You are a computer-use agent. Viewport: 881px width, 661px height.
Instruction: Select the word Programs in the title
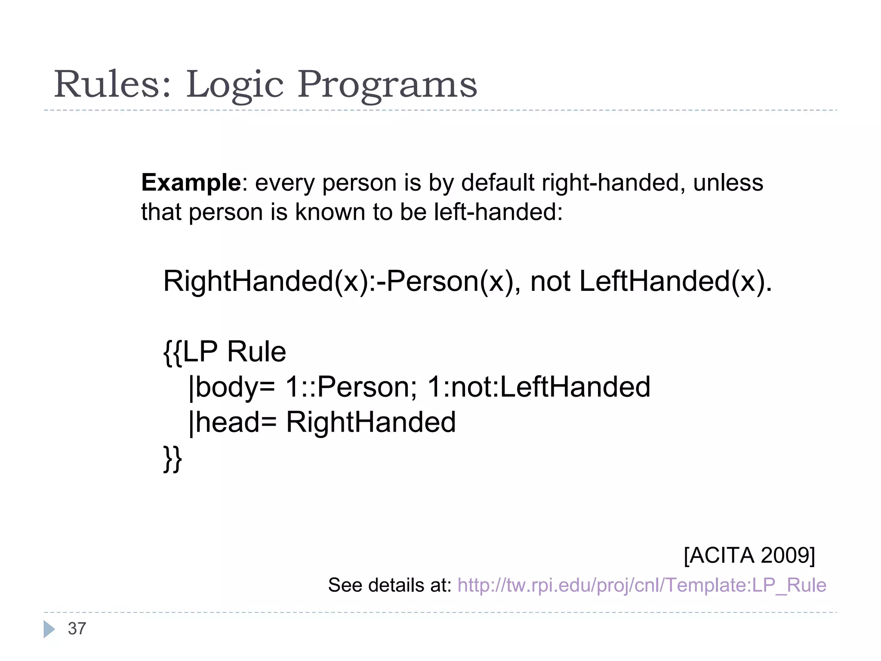[387, 85]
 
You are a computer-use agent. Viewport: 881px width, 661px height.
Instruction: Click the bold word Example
[191, 183]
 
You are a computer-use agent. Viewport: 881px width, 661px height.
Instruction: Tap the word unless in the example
[728, 183]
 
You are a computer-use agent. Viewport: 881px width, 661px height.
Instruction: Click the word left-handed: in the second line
[498, 212]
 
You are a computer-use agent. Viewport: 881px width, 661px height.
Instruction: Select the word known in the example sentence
[330, 212]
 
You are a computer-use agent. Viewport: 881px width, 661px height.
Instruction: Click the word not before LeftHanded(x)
[551, 282]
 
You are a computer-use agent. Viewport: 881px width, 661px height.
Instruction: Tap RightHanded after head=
[371, 422]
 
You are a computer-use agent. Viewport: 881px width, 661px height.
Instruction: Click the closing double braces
[173, 459]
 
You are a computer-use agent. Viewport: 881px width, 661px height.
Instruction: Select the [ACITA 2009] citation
[749, 555]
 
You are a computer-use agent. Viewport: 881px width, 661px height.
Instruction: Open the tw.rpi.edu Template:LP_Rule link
[642, 585]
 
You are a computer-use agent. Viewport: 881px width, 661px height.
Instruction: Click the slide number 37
[77, 629]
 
